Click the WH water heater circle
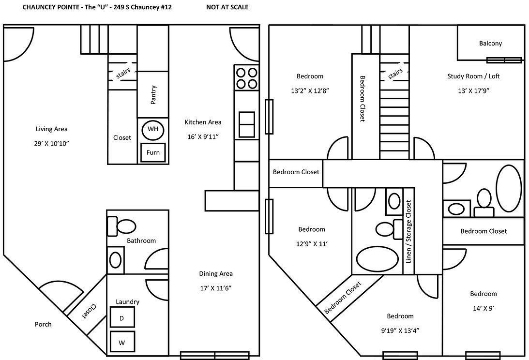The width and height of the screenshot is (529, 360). point(153,130)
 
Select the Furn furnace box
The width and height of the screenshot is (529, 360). point(153,152)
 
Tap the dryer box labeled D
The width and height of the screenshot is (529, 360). point(121,318)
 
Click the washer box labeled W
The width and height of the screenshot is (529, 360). point(121,342)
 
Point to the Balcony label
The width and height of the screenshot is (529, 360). point(490,43)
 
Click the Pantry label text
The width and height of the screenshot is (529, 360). point(153,95)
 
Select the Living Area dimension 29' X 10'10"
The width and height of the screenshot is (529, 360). point(51,144)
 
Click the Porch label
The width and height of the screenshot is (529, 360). point(43,324)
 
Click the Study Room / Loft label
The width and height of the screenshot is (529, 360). point(473,76)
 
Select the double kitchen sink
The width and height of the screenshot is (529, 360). point(246,124)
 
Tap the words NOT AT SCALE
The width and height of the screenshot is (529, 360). point(227,7)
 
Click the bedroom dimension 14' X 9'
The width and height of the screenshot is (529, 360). point(483,308)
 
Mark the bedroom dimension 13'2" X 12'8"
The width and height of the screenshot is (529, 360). point(310,90)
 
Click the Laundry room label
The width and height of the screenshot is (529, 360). point(127,302)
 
